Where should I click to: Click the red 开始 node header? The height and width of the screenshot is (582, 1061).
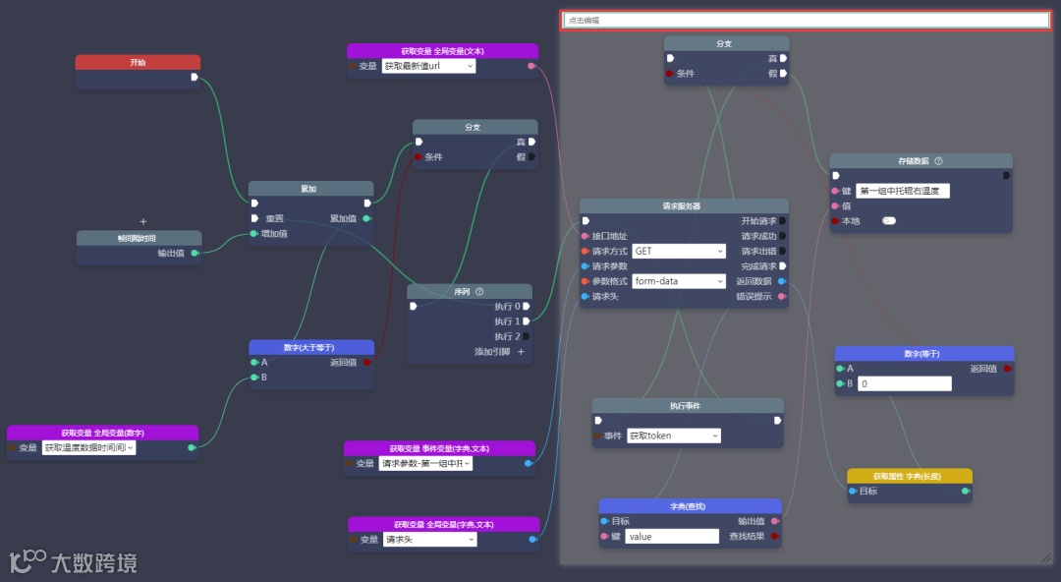click(138, 62)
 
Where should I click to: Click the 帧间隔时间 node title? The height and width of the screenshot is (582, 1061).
click(139, 238)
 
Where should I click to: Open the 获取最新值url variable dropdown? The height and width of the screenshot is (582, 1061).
click(428, 66)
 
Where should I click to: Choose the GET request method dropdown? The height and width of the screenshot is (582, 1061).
click(679, 251)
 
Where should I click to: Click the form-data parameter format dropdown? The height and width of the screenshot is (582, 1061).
click(679, 281)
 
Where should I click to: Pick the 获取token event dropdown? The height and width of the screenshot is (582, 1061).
click(673, 436)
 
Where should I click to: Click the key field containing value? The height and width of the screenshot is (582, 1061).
click(672, 537)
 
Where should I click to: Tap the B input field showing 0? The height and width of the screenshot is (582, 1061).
click(904, 384)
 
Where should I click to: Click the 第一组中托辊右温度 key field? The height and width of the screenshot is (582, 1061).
click(902, 192)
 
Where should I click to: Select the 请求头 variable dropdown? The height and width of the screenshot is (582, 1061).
click(429, 540)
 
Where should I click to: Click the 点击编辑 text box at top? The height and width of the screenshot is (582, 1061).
click(805, 20)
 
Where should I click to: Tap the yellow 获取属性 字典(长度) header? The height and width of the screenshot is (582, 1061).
click(910, 476)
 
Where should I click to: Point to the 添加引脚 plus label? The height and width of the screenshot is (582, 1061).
click(499, 352)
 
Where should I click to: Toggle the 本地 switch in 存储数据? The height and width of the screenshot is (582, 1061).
click(889, 221)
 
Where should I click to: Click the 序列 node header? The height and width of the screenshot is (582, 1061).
click(469, 291)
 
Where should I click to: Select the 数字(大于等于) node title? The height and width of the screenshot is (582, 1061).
click(310, 347)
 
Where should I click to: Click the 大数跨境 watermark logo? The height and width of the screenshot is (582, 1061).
click(73, 562)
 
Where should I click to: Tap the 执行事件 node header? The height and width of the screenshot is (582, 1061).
click(687, 405)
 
